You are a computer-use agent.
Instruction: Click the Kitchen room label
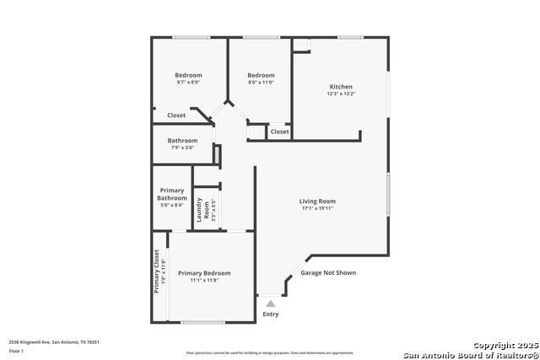tap(341, 87)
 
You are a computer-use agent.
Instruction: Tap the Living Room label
tap(317, 201)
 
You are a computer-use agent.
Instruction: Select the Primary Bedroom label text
tap(203, 273)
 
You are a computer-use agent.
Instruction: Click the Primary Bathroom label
tap(171, 194)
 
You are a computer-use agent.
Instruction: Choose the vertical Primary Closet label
tap(156, 271)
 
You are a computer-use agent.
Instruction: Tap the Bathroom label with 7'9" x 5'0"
tap(182, 141)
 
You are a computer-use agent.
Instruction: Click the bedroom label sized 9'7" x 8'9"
tap(188, 75)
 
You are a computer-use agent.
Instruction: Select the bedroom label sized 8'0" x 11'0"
tap(261, 75)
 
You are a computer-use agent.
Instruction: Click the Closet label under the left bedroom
tap(176, 116)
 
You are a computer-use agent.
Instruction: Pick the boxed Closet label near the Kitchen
tap(279, 132)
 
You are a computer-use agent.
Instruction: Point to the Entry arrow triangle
tap(270, 303)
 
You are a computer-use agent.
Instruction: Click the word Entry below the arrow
tap(270, 314)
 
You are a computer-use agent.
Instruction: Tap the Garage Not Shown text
tap(328, 273)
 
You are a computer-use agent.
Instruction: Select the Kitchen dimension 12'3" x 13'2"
tap(341, 94)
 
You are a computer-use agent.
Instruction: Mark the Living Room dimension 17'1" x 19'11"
tap(317, 209)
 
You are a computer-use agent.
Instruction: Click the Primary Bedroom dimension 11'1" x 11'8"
tap(203, 281)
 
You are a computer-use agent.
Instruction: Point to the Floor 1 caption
tap(17, 352)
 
